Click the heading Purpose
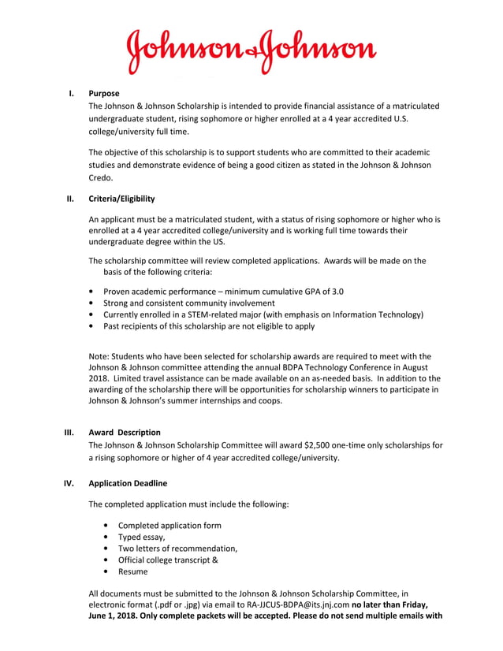coord(104,94)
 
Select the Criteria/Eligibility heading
coord(121,199)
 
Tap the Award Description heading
coord(125,433)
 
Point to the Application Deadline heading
coord(128,483)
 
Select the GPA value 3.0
coord(337,292)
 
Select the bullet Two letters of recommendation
coord(177,549)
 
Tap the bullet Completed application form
coord(170,526)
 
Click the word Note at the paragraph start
coord(100,355)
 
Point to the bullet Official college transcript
coord(168,560)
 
